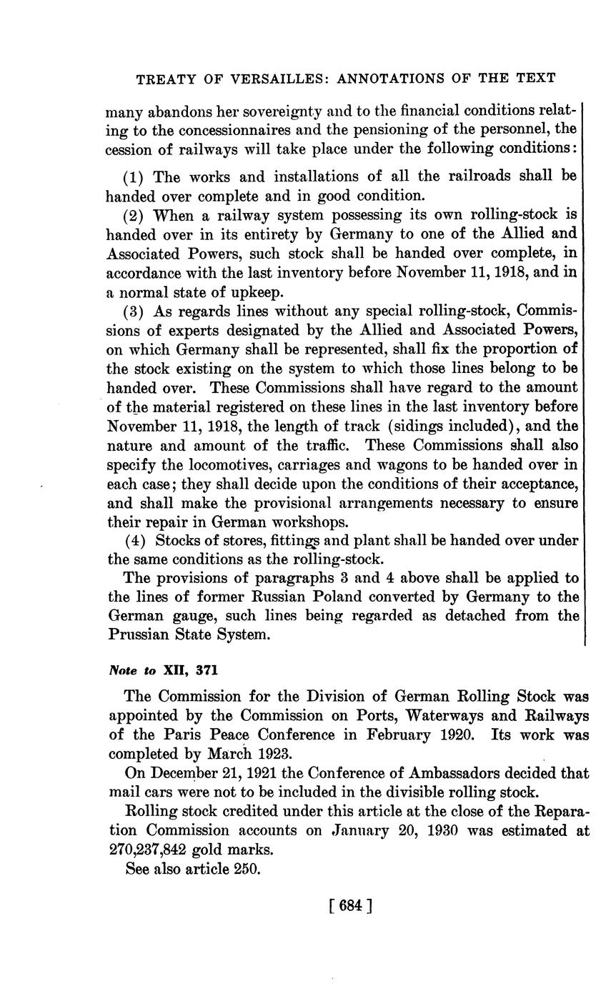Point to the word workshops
313,522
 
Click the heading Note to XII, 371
162,671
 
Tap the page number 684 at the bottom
348,907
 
